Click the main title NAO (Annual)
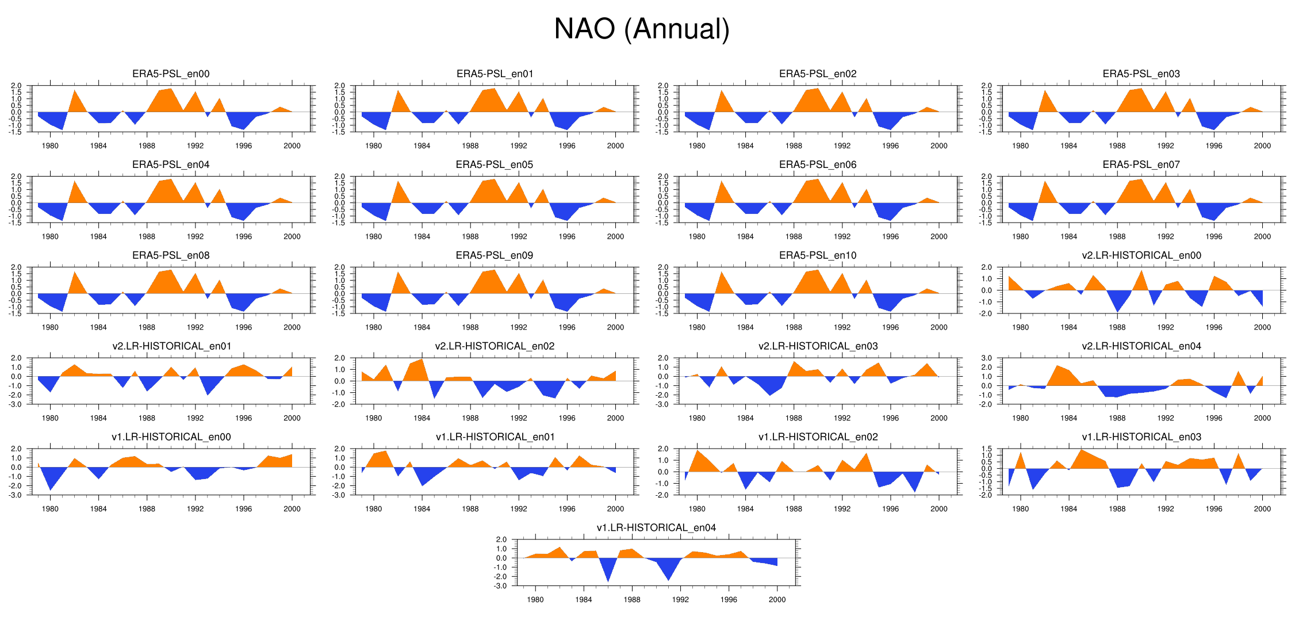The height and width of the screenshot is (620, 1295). pos(642,29)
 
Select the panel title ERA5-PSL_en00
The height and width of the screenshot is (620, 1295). pos(171,74)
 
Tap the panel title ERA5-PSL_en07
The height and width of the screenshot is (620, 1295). pos(1141,164)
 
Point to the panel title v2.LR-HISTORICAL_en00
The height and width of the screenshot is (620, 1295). pos(1141,255)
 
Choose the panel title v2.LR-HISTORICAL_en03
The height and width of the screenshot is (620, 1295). pos(818,346)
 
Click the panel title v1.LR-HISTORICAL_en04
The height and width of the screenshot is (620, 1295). pos(656,528)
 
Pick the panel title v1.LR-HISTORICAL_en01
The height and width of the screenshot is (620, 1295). pos(495,437)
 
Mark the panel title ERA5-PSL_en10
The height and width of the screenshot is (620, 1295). pos(818,255)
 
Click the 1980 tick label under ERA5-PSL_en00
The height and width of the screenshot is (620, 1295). pos(50,146)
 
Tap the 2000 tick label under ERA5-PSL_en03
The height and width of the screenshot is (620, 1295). pos(1262,146)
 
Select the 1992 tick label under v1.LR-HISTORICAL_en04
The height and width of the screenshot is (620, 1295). pos(680,600)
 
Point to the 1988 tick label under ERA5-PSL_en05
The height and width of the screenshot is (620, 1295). pos(470,237)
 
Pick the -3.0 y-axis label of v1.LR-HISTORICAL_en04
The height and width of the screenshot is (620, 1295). pos(501,586)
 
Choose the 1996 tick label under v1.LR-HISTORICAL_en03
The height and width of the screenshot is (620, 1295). pos(1214,509)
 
